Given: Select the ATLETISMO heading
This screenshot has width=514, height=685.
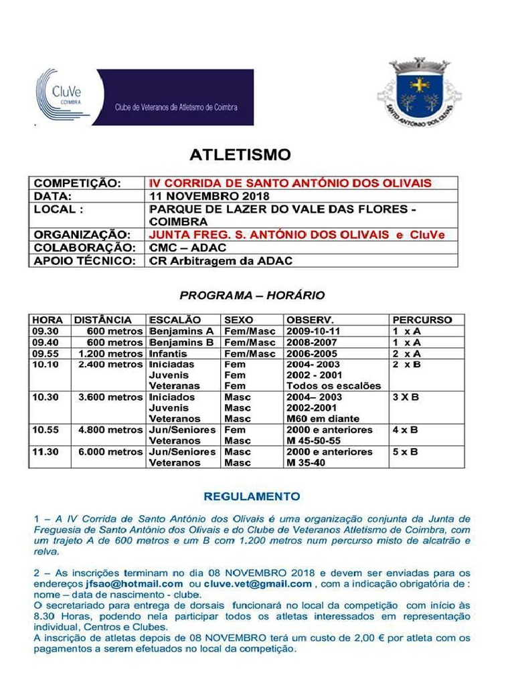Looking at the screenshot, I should [240, 155].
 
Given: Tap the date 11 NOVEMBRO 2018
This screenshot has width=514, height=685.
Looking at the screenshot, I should [209, 196].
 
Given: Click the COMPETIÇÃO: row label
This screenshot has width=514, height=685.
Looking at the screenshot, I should [78, 183].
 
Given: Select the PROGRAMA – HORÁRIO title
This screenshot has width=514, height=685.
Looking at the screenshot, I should [252, 294].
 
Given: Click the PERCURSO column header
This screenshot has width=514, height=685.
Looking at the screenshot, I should [422, 320].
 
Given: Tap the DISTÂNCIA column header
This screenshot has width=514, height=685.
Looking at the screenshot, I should [102, 320].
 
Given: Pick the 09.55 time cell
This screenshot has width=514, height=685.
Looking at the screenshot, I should [46, 353].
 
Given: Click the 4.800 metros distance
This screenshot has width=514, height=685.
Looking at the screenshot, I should [110, 429].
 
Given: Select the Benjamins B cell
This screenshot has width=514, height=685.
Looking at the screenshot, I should [181, 342].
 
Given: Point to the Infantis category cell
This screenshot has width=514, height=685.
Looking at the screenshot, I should [168, 353].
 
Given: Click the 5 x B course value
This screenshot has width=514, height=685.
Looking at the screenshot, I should [405, 452].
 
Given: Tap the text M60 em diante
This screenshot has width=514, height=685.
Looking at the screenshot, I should [323, 419].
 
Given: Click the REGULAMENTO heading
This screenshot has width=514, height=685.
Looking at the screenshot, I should [252, 496].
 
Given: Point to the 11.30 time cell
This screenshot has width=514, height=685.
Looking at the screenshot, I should [46, 452].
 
